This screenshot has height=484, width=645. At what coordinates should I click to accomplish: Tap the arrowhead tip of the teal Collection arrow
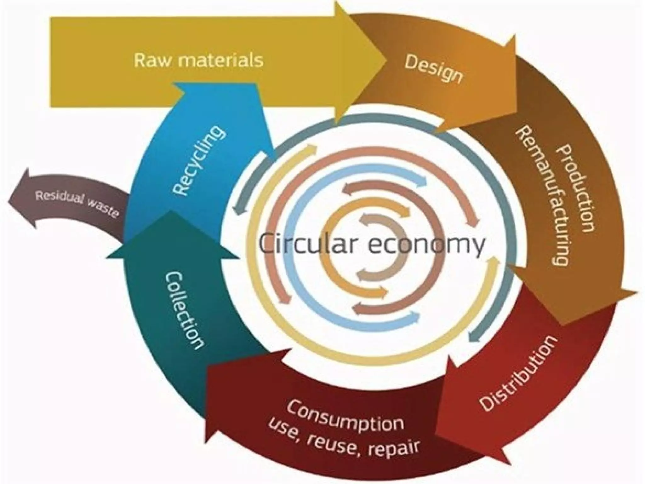click(170, 212)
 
